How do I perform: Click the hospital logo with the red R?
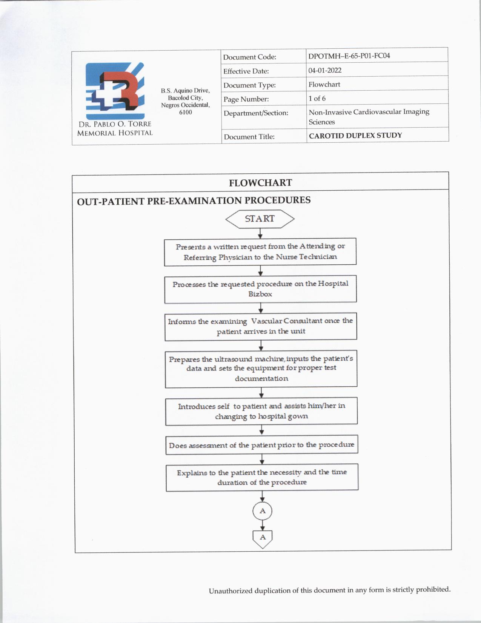pos(115,91)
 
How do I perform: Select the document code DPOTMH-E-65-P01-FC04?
pos(349,56)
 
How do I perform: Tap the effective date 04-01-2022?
pos(325,70)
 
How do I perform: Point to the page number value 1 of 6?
pos(317,99)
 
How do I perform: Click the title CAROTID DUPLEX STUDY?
pos(355,136)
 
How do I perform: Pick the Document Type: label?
pos(249,85)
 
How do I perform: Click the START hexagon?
pos(260,219)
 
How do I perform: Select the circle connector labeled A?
pos(262,511)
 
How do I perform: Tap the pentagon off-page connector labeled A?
pos(263,538)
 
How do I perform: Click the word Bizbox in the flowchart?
pos(260,294)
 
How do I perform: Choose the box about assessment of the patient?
pos(262,445)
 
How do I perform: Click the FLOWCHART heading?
pos(260,183)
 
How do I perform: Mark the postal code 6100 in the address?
pos(185,112)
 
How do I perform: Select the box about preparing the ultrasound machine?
pos(261,369)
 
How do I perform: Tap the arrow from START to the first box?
pos(260,234)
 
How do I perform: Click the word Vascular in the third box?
pos(266,321)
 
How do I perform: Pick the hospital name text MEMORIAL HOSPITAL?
pos(115,133)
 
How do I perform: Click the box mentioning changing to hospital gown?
pos(261,411)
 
